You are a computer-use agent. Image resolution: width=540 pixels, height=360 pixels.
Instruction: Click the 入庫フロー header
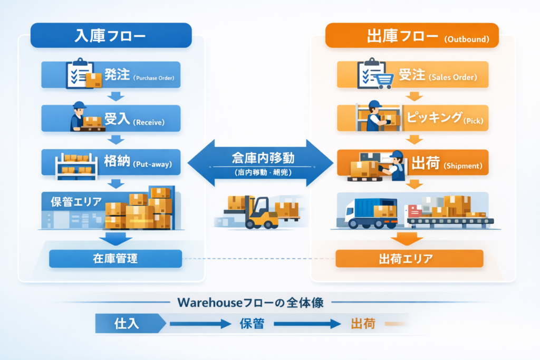coord(110,36)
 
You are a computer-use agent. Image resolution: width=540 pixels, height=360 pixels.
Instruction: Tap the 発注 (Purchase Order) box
coord(111,75)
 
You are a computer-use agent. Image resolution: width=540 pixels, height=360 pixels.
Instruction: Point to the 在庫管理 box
coord(115,258)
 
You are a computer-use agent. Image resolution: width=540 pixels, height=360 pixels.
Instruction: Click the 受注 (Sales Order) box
coord(412,75)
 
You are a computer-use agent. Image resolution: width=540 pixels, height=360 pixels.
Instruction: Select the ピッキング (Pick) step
coord(412,119)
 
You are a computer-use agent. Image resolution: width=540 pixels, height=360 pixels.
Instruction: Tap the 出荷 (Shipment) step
coord(412,164)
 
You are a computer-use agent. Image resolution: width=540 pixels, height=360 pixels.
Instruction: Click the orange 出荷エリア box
coord(409,258)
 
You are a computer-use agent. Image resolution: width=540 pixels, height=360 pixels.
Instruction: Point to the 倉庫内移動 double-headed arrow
coord(261,163)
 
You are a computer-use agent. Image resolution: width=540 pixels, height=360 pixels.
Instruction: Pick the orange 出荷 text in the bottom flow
coord(363,323)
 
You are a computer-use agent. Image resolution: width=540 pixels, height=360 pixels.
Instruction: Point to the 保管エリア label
coord(76,202)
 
